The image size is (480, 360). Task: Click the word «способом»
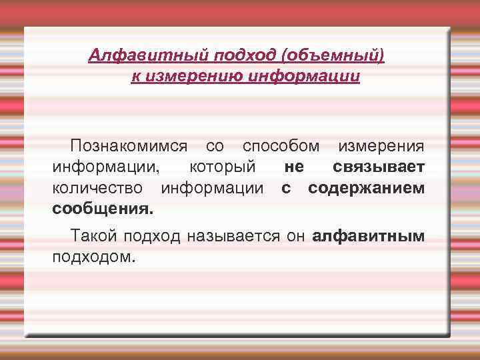coord(280,145)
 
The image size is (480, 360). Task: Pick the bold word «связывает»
coord(378,167)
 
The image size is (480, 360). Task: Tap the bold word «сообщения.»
coord(103,209)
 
